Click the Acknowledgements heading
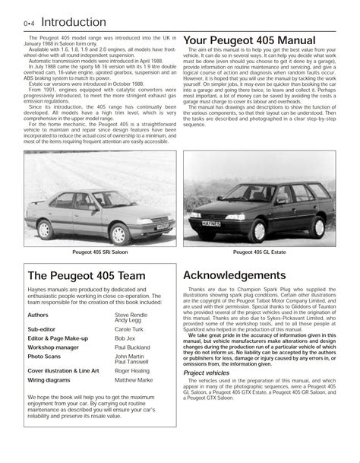245,276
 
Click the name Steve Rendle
132,313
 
